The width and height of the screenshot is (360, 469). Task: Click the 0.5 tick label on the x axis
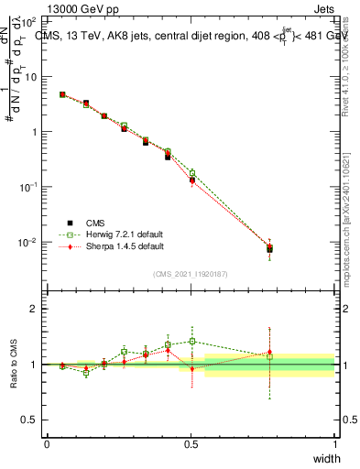[x=191, y=444]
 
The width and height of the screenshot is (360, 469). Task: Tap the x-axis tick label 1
[x=335, y=444]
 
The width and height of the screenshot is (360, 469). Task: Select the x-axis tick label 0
[x=47, y=444]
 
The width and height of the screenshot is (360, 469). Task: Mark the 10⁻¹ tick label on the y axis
[x=29, y=187]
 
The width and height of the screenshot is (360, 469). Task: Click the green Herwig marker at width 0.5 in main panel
[x=191, y=172]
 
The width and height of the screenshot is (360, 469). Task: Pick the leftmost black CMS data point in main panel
[x=62, y=94]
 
